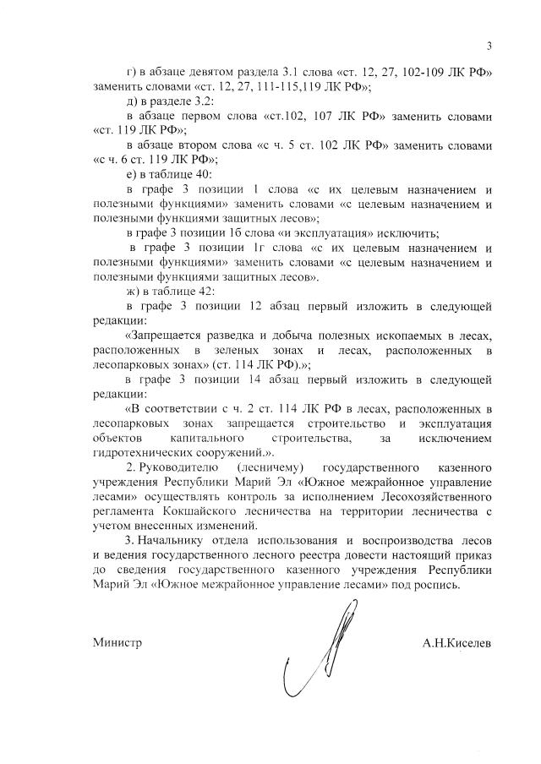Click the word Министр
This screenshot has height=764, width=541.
(x=117, y=643)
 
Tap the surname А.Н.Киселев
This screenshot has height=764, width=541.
(x=457, y=643)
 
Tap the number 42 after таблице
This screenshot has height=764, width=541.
(x=202, y=290)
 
